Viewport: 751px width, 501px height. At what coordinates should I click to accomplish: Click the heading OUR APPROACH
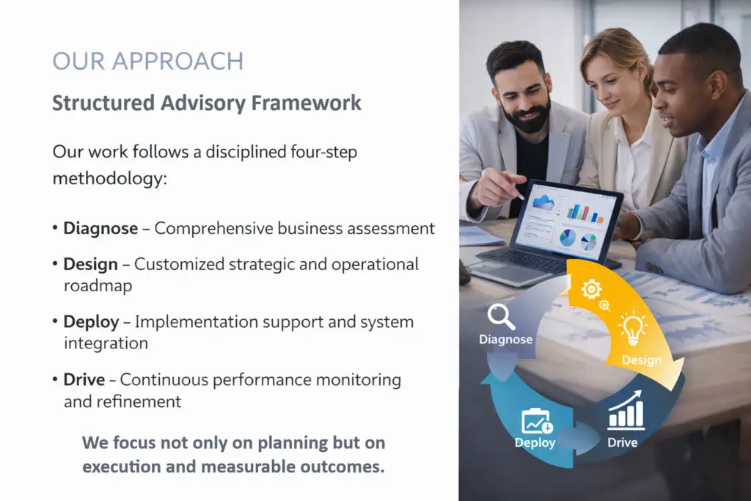147,61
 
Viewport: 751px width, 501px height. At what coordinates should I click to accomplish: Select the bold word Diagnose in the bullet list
100,228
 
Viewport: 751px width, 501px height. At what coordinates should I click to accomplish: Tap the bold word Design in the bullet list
90,264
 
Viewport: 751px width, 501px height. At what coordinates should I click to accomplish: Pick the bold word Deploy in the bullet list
91,321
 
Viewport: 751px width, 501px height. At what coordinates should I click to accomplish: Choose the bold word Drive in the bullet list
85,379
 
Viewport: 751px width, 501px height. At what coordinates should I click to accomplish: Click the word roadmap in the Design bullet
98,285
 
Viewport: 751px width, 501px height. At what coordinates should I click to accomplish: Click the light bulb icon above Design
632,327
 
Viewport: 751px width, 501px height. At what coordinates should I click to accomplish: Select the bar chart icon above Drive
626,413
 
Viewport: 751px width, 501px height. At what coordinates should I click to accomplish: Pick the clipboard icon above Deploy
536,421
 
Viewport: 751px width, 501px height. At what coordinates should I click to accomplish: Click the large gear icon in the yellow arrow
591,289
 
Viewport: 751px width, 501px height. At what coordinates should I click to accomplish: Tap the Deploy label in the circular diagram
535,442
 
